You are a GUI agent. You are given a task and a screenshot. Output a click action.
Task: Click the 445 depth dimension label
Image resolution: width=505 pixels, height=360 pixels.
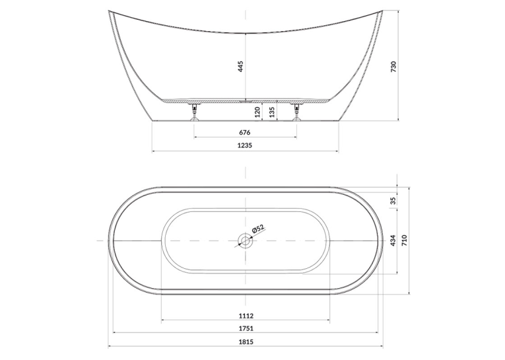(x=241, y=67)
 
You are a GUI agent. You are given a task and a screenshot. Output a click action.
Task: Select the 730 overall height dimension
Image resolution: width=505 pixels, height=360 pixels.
(x=393, y=67)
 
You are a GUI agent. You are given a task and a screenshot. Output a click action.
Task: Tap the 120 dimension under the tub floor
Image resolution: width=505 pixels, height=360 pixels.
(x=257, y=112)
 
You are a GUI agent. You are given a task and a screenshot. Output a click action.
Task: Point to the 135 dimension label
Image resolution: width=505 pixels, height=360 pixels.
(x=272, y=112)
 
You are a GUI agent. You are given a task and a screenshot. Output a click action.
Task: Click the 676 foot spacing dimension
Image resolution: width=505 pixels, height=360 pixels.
(x=245, y=132)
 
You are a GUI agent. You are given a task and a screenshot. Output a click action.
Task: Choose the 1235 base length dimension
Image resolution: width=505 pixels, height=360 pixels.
(x=245, y=145)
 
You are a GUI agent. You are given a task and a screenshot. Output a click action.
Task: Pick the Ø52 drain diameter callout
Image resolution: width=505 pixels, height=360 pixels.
(x=257, y=229)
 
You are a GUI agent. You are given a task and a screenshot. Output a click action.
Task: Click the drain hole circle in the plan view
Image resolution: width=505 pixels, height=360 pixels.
(x=246, y=240)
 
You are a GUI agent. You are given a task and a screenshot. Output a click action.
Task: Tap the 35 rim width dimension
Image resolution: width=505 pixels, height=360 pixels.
(x=393, y=201)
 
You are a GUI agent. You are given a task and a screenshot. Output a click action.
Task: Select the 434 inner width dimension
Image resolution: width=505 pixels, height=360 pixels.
(x=393, y=240)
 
